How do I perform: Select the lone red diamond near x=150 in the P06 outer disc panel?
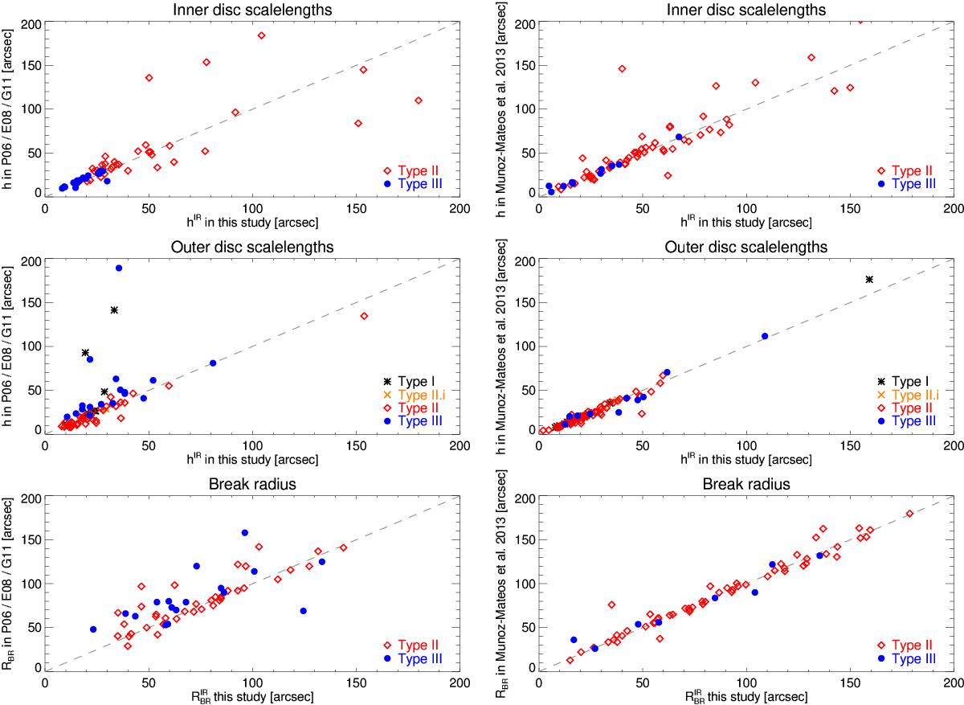tap(364, 316)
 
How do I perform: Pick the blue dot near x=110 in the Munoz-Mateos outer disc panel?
tap(765, 336)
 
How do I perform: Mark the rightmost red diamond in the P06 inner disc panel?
tap(419, 100)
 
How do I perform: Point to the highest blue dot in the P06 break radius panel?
tap(244, 532)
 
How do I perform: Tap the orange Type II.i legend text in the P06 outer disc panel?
tap(416, 394)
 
